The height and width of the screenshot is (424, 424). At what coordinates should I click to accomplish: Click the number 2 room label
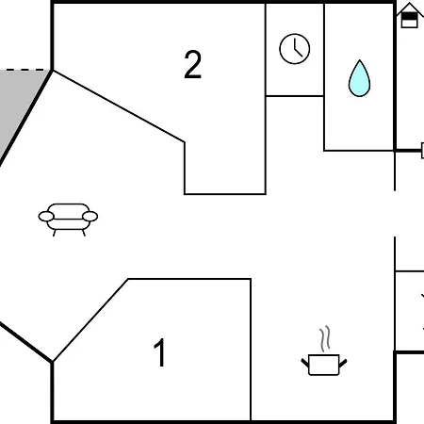[x=192, y=64]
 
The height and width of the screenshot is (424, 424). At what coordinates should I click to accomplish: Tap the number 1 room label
[x=160, y=352]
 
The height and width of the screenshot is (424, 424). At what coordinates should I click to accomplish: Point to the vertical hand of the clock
[x=295, y=44]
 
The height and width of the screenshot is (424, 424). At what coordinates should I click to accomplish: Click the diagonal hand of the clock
[x=299, y=53]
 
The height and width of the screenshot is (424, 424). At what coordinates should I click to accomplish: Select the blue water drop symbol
[x=359, y=78]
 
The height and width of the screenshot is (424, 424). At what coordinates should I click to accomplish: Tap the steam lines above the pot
[x=325, y=338]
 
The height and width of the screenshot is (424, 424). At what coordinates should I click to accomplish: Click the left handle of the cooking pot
[x=305, y=363]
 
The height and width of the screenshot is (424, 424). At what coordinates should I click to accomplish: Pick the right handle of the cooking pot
[x=343, y=363]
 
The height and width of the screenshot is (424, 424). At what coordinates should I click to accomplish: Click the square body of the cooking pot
[x=324, y=365]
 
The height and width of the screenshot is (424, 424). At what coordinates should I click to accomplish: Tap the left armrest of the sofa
[x=46, y=217]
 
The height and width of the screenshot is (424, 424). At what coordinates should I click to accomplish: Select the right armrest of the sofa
[x=90, y=217]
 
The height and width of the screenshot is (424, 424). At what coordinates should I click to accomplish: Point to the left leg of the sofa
[x=55, y=233]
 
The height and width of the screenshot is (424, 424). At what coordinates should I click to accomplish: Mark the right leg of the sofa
[x=84, y=233]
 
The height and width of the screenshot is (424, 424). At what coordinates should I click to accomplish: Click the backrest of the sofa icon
[x=69, y=207]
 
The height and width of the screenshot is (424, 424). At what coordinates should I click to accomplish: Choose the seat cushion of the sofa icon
[x=68, y=224]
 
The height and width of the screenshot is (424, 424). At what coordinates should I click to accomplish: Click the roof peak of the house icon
[x=410, y=3]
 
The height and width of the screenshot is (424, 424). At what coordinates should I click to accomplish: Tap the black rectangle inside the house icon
[x=410, y=16]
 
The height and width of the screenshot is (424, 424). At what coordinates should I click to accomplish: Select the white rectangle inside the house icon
[x=410, y=24]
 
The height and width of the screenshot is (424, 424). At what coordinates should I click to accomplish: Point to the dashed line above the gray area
[x=26, y=70]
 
